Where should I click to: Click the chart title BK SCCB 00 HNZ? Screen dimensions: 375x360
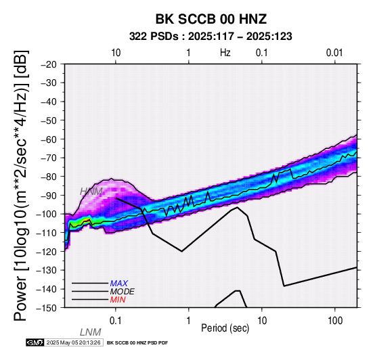click(x=211, y=19)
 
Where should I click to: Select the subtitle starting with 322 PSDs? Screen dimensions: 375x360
click(x=211, y=37)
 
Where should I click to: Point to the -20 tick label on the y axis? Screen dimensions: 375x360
click(x=49, y=64)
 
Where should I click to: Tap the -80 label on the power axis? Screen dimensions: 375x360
click(x=49, y=177)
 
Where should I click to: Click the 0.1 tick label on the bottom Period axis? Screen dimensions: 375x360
click(x=116, y=321)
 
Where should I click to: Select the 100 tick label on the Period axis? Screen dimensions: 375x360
click(x=335, y=321)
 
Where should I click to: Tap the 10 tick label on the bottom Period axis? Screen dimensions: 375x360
click(x=262, y=321)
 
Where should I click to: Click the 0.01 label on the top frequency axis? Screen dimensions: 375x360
click(x=334, y=53)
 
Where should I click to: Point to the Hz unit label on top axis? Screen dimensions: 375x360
click(x=225, y=53)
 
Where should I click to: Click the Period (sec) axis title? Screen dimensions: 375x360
click(x=225, y=328)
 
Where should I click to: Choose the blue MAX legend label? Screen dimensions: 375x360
click(x=119, y=284)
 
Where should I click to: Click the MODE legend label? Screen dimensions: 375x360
click(x=123, y=292)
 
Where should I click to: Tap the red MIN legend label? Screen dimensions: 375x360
click(x=118, y=300)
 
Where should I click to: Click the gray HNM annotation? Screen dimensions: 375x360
click(x=91, y=192)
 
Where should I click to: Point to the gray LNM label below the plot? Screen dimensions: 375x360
click(x=91, y=332)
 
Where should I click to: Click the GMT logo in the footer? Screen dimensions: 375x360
click(x=35, y=342)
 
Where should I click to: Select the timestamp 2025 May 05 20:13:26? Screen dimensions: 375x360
click(x=74, y=342)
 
